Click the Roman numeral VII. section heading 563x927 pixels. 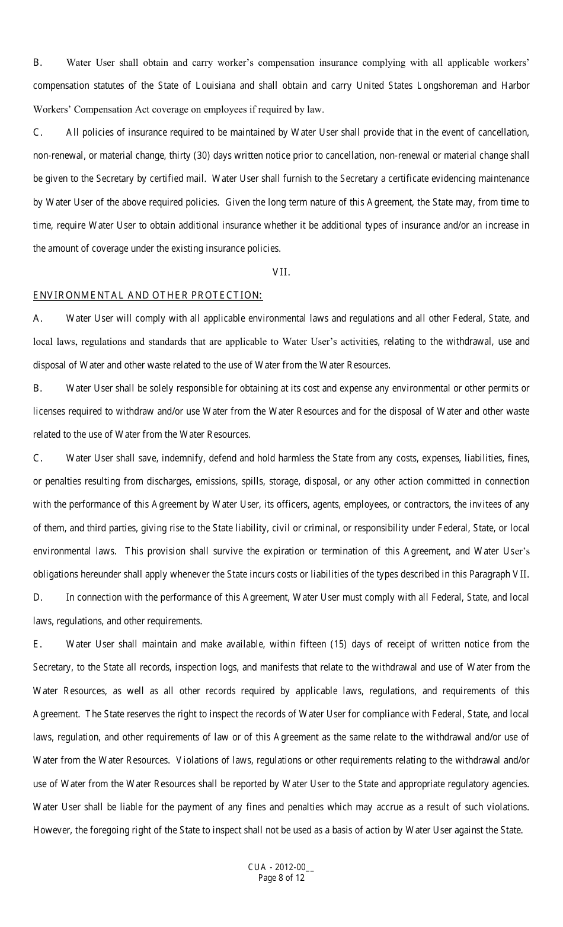point(281,272)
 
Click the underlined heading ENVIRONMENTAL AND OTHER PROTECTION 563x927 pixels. point(148,295)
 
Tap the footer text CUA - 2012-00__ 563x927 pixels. point(281,868)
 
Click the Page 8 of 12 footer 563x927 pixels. point(281,878)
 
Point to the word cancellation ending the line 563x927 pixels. point(503,133)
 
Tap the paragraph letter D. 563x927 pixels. point(37,598)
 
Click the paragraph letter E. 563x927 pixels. point(37,644)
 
